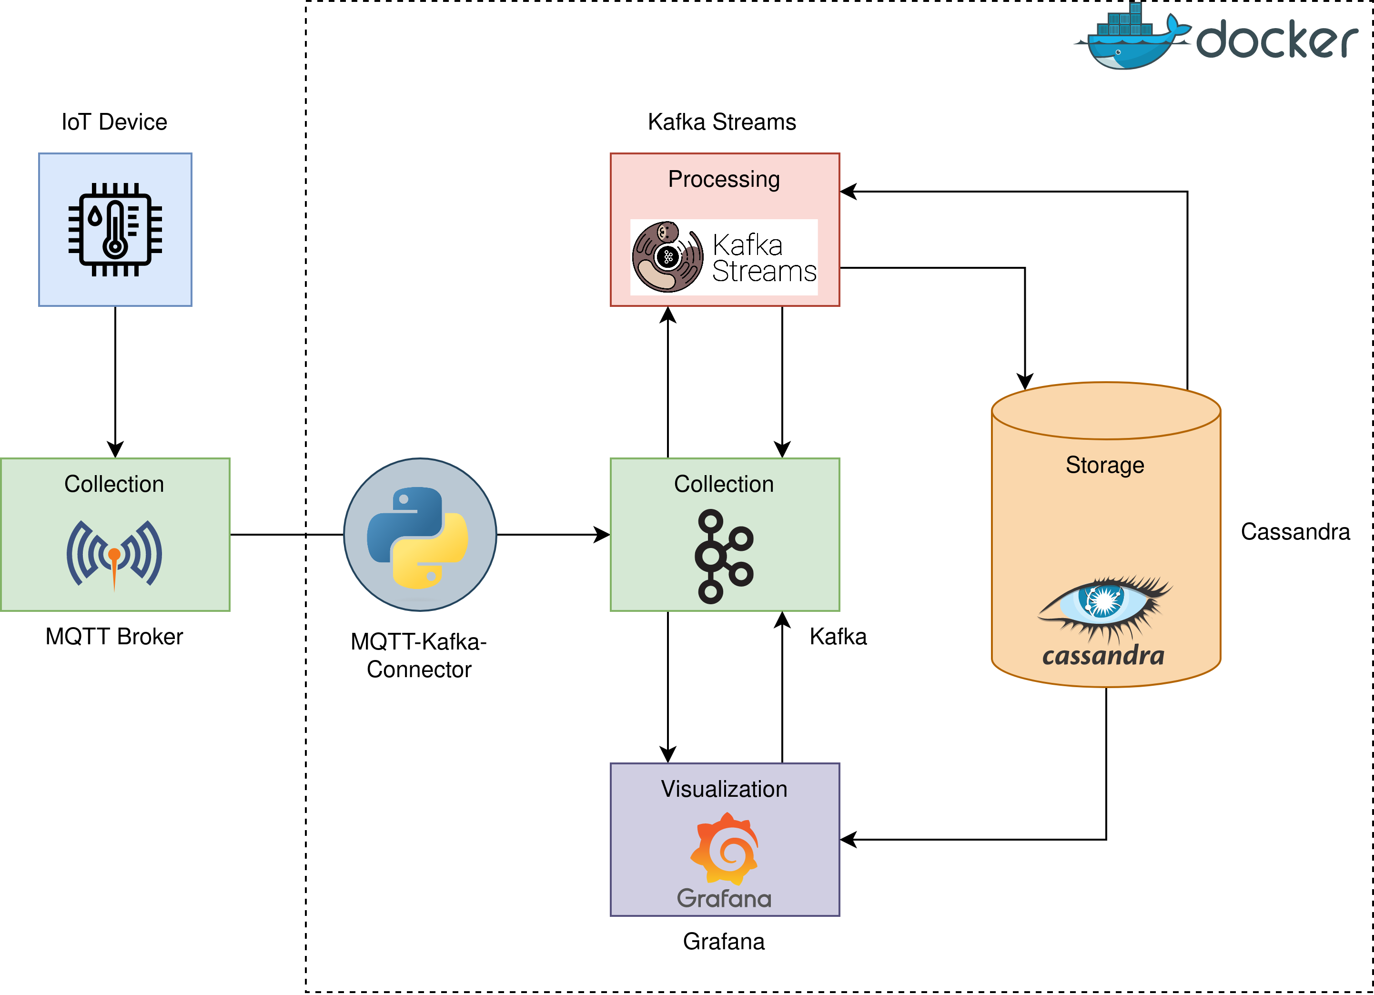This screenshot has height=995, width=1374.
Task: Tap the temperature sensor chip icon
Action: (x=115, y=230)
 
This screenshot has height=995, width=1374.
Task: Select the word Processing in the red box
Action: (x=724, y=179)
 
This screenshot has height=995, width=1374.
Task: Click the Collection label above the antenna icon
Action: (x=114, y=484)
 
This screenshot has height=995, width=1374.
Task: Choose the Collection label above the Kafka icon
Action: (x=724, y=484)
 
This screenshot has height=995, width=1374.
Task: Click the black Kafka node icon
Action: (x=724, y=556)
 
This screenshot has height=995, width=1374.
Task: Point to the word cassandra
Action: (x=1103, y=656)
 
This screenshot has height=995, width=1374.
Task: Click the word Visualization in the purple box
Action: (x=724, y=789)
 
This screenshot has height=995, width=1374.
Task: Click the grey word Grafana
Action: (x=724, y=898)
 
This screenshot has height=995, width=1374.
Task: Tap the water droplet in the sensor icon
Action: (x=95, y=216)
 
